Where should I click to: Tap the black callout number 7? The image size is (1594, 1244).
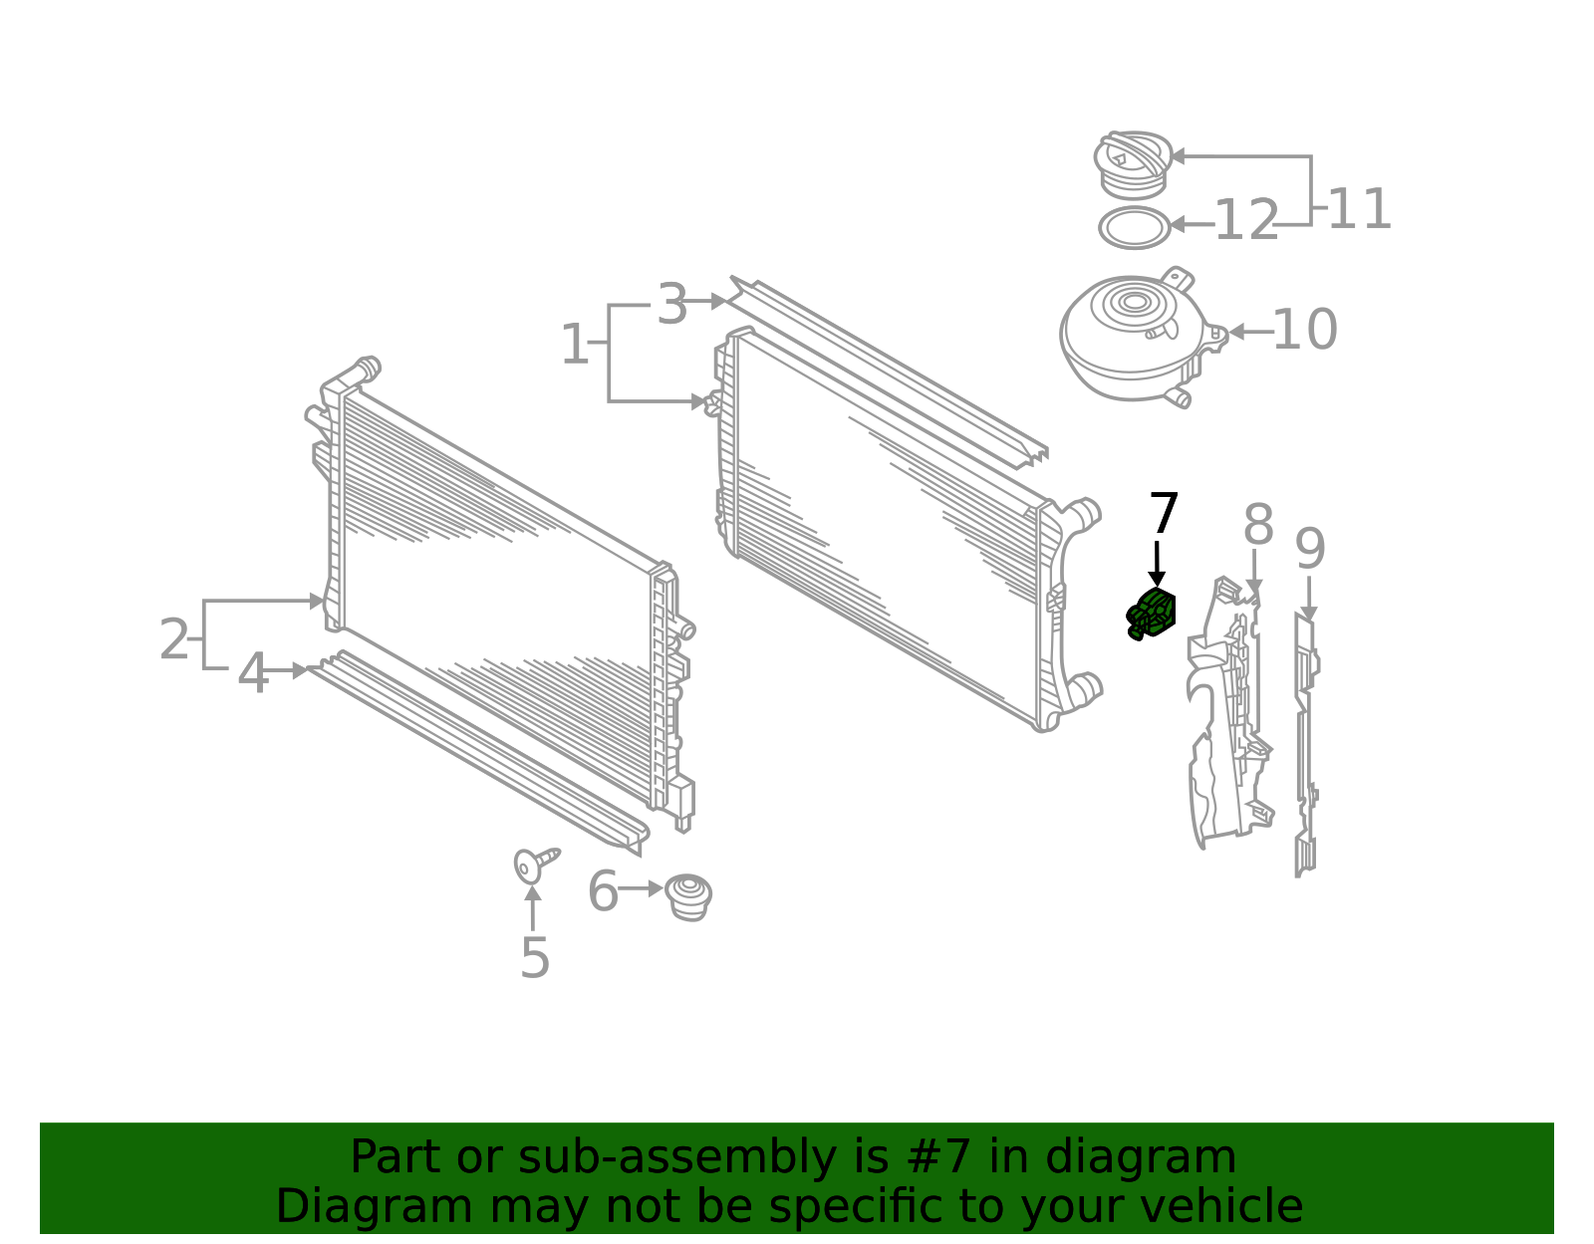(1164, 515)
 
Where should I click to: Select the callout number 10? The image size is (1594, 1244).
(1304, 331)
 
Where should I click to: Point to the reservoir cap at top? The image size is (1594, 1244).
(1133, 162)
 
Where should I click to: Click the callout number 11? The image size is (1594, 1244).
(1359, 210)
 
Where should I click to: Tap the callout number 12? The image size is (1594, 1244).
(1246, 221)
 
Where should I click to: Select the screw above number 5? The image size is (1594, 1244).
(534, 864)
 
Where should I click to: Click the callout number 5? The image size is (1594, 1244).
(535, 958)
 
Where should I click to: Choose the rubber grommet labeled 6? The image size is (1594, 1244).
(688, 896)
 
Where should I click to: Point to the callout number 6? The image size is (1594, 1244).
(604, 890)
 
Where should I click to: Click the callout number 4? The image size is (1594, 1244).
(253, 674)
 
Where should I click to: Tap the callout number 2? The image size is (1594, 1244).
(174, 639)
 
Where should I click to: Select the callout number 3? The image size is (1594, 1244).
(672, 304)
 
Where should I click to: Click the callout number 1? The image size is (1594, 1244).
(575, 345)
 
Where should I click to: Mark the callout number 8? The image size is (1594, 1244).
(1258, 525)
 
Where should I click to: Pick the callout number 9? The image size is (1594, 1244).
(1310, 550)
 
